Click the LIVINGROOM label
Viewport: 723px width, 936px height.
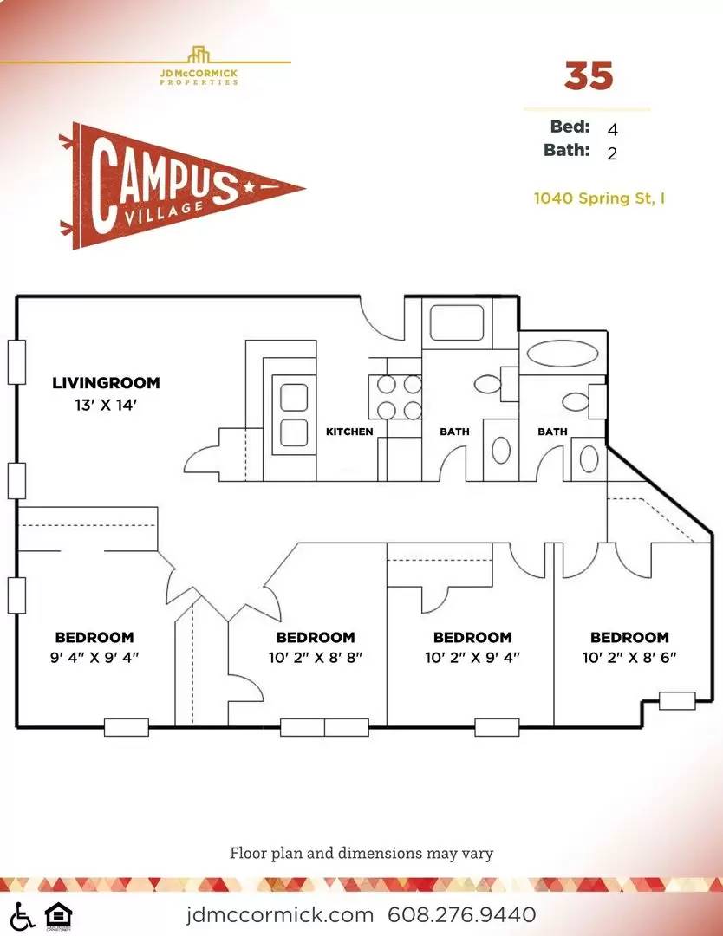pos(106,383)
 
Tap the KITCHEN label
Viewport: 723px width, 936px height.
pos(349,431)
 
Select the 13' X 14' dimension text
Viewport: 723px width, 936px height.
pos(106,405)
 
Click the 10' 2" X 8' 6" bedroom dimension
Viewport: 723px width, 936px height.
pos(629,657)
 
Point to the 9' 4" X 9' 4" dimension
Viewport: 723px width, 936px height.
pos(94,657)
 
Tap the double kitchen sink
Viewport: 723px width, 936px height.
pos(294,415)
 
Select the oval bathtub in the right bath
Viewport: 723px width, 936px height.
pos(561,353)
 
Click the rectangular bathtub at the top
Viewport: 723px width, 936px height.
pos(457,322)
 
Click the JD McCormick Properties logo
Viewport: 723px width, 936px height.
pos(199,67)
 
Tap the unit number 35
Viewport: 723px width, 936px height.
pos(589,75)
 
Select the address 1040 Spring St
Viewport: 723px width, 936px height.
pos(599,198)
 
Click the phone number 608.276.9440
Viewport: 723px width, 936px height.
pos(461,914)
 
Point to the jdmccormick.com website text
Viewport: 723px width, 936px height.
pos(279,914)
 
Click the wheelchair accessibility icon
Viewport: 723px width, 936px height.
pos(23,916)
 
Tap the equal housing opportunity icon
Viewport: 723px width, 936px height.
pos(58,916)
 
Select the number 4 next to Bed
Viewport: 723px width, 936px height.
pos(612,129)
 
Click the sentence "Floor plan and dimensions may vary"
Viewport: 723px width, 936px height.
pos(361,853)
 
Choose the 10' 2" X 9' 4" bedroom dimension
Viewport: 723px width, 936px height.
pos(472,657)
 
